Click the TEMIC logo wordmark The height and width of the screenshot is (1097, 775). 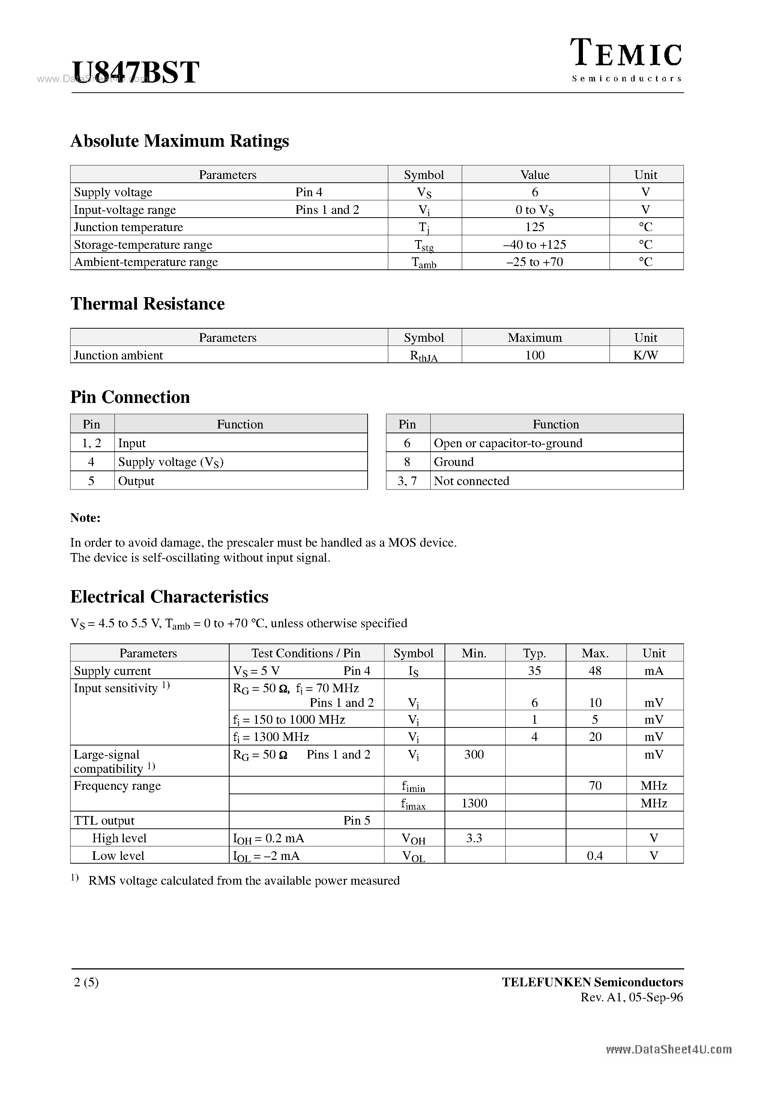click(627, 54)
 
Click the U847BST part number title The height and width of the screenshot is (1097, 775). click(135, 73)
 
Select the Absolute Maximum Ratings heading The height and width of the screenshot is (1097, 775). click(180, 141)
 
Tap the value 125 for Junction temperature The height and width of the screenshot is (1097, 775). click(535, 227)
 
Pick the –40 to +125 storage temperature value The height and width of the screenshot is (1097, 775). click(535, 245)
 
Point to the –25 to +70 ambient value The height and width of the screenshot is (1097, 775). click(535, 262)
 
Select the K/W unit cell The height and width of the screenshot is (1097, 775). click(646, 355)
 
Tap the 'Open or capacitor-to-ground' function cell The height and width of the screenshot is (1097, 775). click(508, 443)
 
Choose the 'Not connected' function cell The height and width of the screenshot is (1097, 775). click(472, 481)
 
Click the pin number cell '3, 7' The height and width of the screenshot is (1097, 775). click(407, 481)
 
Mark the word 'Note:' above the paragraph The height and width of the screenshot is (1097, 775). click(85, 518)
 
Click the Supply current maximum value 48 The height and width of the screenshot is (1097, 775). click(595, 671)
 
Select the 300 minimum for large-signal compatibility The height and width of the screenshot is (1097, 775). click(474, 754)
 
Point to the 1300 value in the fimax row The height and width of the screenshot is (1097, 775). click(474, 803)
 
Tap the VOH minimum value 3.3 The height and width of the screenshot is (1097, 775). click(474, 838)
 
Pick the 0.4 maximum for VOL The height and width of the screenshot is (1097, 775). click(595, 856)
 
